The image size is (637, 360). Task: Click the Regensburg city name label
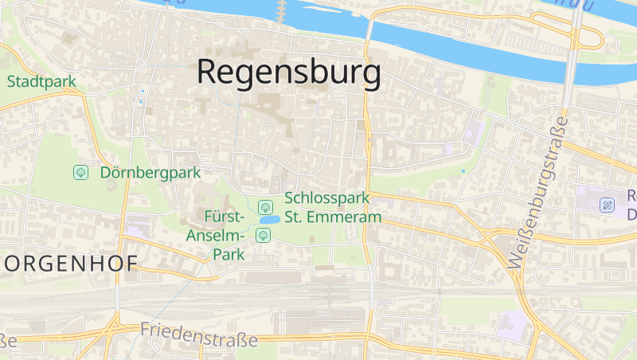coord(288,72)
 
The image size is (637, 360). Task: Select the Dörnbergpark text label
coord(151,172)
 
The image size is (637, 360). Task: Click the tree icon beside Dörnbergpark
coord(80,172)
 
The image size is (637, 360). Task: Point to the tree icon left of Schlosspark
coord(266,207)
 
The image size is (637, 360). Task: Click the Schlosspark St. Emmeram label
coord(332,207)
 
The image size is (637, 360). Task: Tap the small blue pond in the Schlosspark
coord(269,220)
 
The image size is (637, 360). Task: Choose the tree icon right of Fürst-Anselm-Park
coord(263,235)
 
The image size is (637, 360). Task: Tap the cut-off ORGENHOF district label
coord(69,264)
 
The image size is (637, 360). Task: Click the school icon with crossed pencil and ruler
coord(607,205)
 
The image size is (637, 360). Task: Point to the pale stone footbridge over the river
coord(280,11)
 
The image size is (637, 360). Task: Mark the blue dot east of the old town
coord(463,170)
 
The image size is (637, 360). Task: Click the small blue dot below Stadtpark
coord(141,102)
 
